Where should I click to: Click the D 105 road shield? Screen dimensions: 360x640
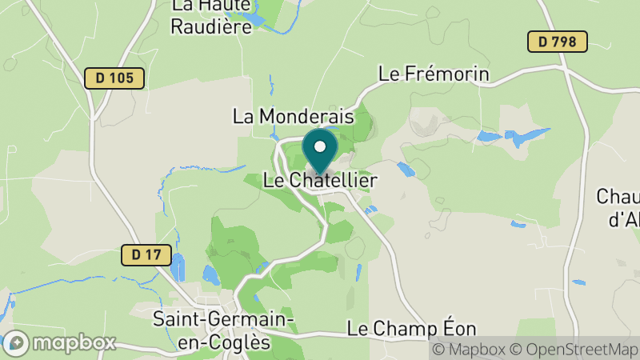click(114, 78)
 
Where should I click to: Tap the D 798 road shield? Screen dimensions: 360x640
click(558, 42)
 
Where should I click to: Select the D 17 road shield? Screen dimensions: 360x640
click(146, 255)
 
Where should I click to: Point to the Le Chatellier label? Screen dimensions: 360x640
click(320, 181)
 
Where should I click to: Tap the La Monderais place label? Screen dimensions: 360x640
click(293, 116)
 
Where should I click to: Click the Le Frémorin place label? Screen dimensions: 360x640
click(434, 74)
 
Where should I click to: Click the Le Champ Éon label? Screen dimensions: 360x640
click(412, 328)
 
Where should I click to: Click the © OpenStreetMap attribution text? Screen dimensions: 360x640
click(574, 350)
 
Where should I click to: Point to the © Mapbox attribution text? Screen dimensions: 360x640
click(471, 350)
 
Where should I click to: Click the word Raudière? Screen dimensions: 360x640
click(210, 26)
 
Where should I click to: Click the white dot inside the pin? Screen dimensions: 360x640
click(321, 146)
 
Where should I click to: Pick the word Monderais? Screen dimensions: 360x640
click(306, 116)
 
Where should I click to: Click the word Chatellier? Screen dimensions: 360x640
click(333, 181)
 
